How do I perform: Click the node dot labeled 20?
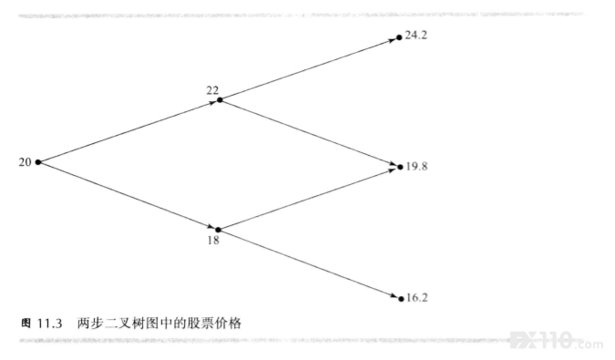[x=38, y=162]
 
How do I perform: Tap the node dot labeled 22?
[x=220, y=100]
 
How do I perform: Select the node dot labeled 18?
[x=218, y=230]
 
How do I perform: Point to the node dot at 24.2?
[x=399, y=37]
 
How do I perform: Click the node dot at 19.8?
[x=400, y=167]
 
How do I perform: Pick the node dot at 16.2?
[x=401, y=299]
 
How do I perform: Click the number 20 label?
[x=26, y=162]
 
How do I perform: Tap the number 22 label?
[x=212, y=90]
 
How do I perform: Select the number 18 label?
[x=213, y=240]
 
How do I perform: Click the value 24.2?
[x=416, y=36]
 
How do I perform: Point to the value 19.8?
[x=416, y=166]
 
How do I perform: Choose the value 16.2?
[x=417, y=298]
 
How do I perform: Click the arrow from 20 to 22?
[x=128, y=132]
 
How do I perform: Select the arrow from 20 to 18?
[x=127, y=195]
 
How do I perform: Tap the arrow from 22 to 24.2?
[x=308, y=69]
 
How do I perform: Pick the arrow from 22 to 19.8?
[x=309, y=133]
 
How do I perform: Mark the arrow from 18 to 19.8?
[x=308, y=199]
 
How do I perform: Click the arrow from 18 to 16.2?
[x=309, y=264]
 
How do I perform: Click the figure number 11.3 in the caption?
[x=50, y=324]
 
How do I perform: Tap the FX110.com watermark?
[x=557, y=340]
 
